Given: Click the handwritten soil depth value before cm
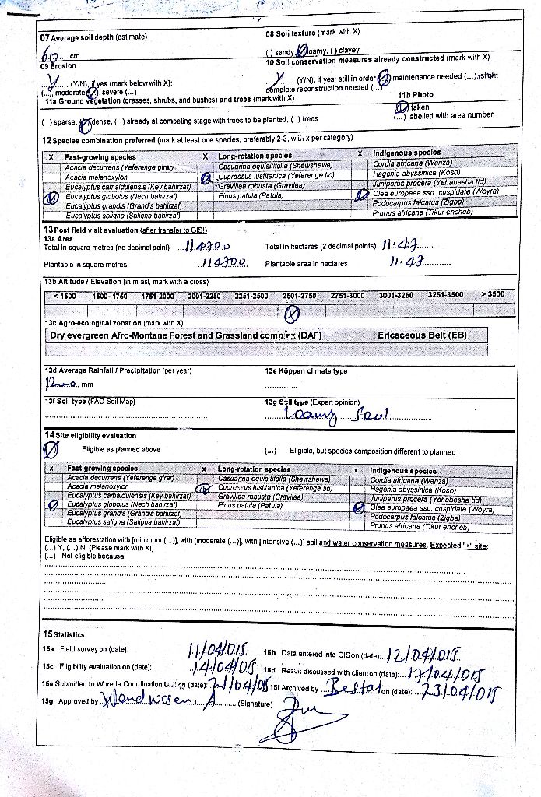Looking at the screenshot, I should tap(52, 55).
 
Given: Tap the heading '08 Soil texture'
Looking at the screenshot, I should tap(312, 33).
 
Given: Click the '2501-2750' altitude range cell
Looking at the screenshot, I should tap(299, 296).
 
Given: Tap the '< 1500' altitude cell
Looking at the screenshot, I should tap(65, 297).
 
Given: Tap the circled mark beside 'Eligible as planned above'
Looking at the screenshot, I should tap(51, 451).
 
